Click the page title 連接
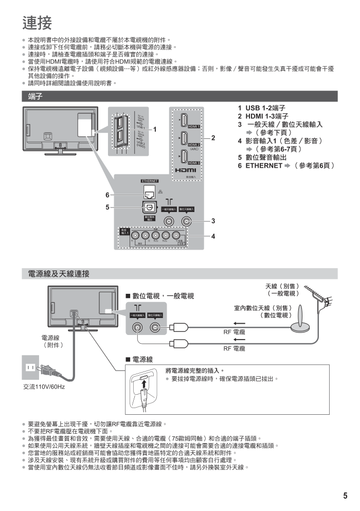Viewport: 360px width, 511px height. (x=38, y=23)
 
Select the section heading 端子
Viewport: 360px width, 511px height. (x=35, y=96)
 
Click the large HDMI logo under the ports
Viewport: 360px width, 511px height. (x=186, y=170)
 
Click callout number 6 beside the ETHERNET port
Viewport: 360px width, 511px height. (x=108, y=195)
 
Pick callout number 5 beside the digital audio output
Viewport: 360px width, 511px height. (x=108, y=207)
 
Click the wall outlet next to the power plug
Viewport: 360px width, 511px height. (x=29, y=367)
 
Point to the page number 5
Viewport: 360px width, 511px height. (x=346, y=496)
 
